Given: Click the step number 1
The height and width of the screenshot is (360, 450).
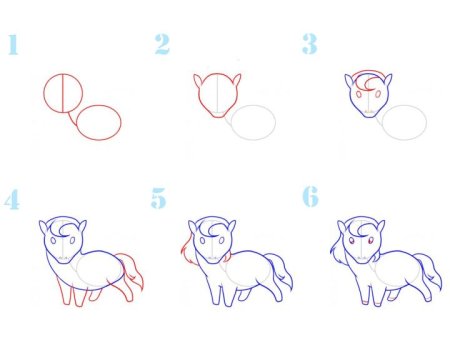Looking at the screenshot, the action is click(13, 45).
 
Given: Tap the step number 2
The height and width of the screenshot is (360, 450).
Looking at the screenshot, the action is click(162, 44).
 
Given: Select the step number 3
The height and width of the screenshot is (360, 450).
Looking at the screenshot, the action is click(310, 44).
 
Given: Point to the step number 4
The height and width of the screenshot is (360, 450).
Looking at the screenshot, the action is click(12, 200).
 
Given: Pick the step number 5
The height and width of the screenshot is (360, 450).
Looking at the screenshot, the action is click(158, 198).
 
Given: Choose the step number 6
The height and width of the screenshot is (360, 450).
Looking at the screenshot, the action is click(310, 197).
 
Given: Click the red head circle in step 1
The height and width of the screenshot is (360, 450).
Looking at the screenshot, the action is click(44, 93).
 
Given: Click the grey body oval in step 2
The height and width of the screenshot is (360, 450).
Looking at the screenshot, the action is click(253, 105).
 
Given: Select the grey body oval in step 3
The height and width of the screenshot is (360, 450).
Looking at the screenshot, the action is click(404, 105).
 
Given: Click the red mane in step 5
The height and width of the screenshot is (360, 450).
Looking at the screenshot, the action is click(187, 250).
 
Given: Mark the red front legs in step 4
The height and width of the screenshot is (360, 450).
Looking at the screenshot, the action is click(72, 293).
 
